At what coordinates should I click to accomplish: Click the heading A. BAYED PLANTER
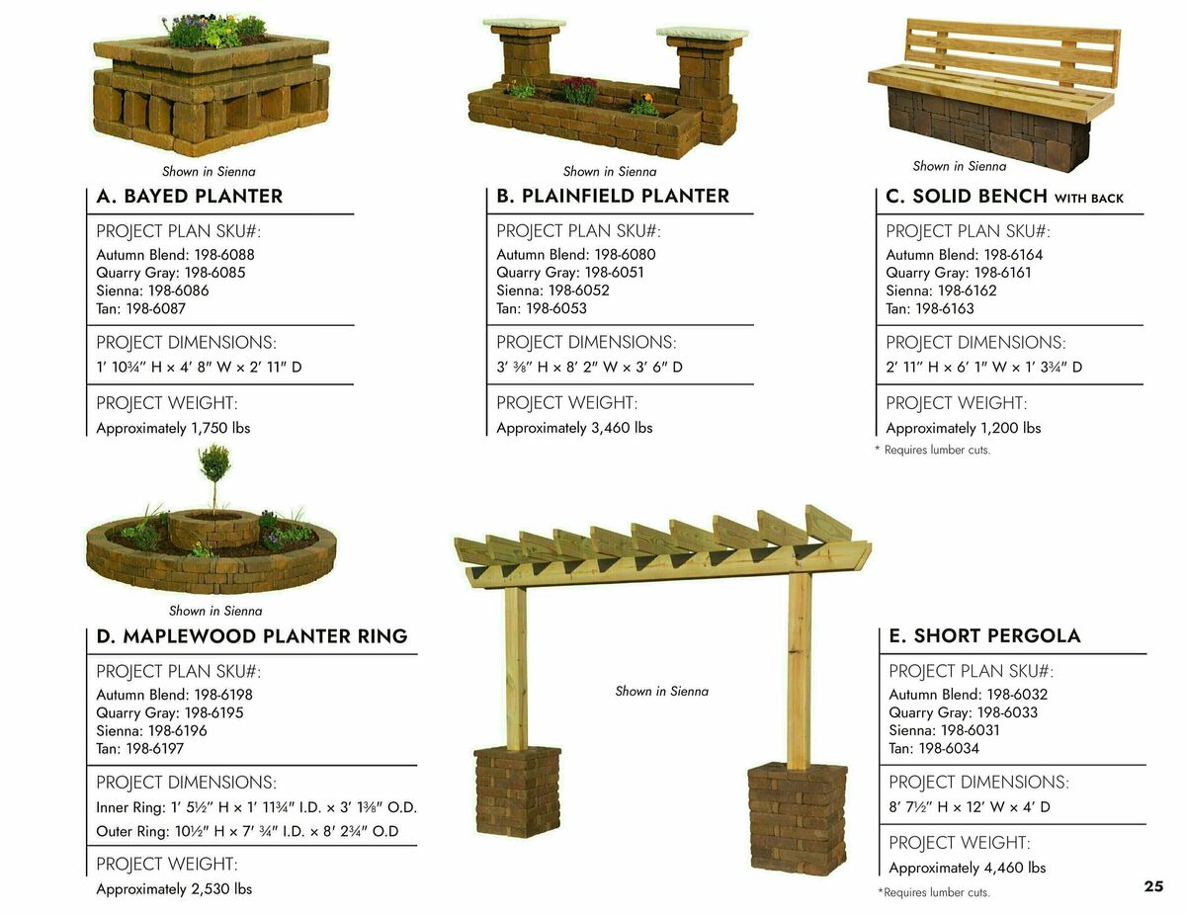189,197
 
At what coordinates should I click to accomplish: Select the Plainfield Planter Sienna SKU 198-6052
552,291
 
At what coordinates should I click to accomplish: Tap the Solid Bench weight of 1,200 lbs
963,428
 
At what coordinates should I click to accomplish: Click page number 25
1153,886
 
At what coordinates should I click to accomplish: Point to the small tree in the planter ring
214,469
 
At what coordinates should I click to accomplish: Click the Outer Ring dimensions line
247,831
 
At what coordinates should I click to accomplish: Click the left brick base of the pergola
517,791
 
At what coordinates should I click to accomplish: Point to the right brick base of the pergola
797,816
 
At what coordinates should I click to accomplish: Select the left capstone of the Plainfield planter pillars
524,23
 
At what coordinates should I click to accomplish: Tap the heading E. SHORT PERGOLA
984,636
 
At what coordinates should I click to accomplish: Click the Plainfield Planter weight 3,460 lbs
574,428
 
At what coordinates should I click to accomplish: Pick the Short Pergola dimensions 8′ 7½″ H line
969,807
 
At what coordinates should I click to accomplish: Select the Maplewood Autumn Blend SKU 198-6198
174,695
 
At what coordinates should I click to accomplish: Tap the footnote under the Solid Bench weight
932,451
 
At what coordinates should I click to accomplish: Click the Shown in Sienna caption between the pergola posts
661,692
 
